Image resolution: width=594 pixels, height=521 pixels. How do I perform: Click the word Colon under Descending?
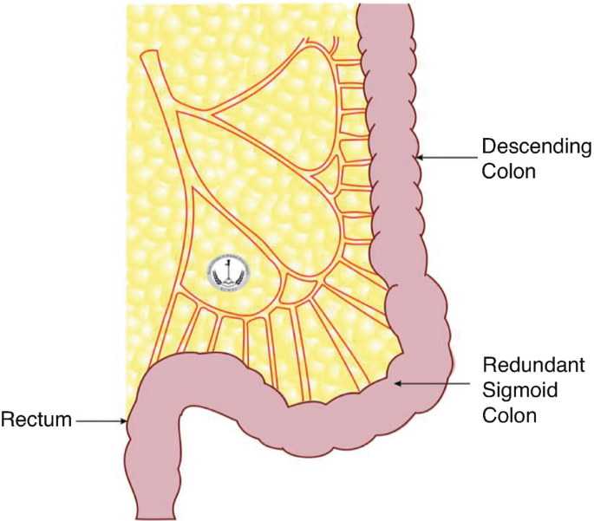tap(510, 172)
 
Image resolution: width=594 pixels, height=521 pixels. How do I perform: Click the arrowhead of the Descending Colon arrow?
tap(418, 157)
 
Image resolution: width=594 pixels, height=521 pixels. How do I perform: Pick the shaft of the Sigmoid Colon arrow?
tap(434, 381)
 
